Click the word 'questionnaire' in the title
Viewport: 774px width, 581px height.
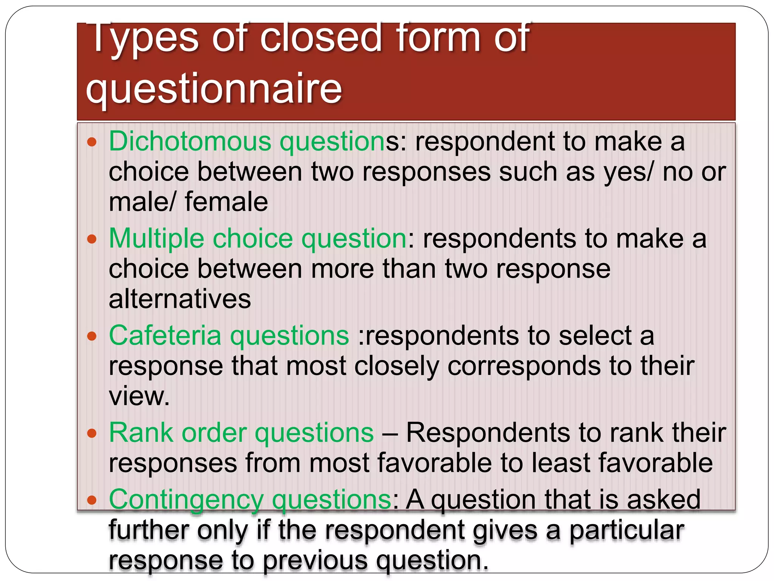pos(214,89)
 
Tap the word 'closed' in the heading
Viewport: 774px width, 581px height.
pos(321,38)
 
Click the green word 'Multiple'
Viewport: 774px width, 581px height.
pos(156,239)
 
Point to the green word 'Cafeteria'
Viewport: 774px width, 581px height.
pos(165,336)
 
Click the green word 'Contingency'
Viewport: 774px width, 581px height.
pos(186,500)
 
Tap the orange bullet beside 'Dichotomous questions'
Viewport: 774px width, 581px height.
pos(92,143)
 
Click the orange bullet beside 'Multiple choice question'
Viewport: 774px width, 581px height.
pos(92,239)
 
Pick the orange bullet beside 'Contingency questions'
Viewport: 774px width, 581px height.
pos(92,500)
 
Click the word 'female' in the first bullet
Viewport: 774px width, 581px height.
pos(226,202)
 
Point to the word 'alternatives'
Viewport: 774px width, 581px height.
pos(180,299)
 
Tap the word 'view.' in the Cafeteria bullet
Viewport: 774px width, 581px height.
pos(139,396)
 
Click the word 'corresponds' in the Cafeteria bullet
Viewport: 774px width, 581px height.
pos(524,366)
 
